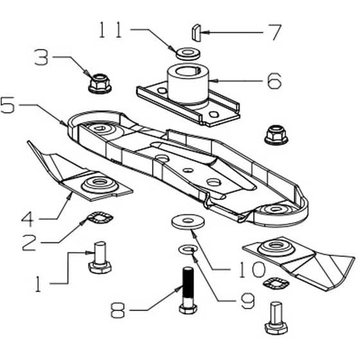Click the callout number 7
(274, 33)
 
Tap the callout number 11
(110, 30)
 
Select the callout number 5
(7, 105)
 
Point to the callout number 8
(118, 310)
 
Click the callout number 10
(252, 269)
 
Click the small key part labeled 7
(196, 33)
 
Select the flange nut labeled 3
(100, 84)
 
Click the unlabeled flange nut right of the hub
(276, 135)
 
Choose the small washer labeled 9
(188, 249)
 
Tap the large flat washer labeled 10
(188, 222)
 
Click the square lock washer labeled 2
(100, 217)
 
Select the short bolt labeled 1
(100, 258)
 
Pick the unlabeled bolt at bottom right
(276, 318)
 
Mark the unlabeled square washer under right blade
(276, 283)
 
